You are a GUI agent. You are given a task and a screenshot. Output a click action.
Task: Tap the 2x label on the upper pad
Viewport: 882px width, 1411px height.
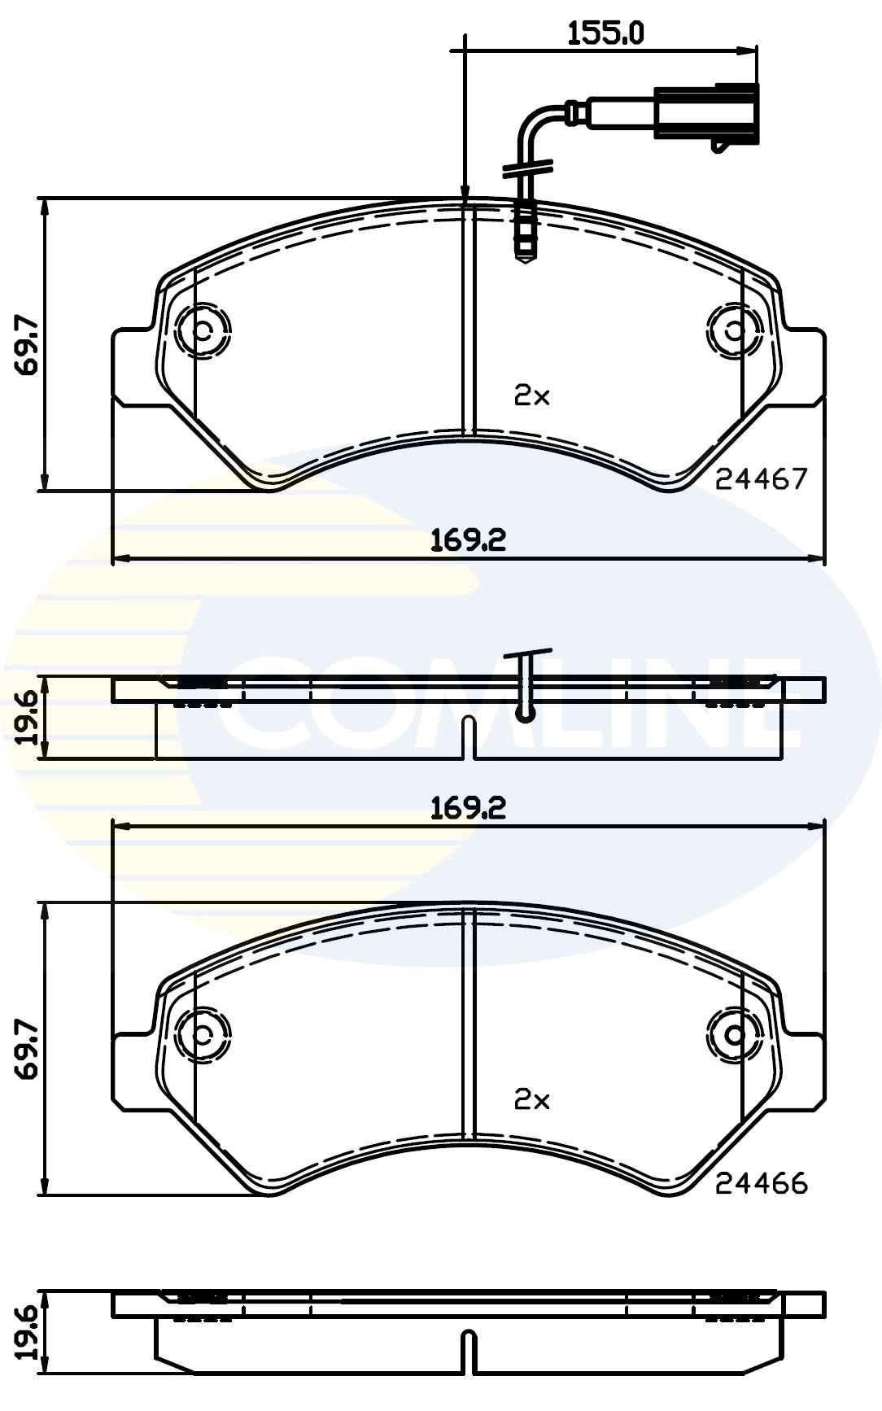532,396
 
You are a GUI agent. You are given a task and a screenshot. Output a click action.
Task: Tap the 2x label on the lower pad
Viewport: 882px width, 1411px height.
532,1100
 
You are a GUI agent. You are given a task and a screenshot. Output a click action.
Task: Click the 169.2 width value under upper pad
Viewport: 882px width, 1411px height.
468,539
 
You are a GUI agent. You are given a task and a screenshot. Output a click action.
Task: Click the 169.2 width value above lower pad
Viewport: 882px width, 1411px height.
468,807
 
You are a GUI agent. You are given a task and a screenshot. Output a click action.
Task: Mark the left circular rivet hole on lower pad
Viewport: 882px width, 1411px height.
202,1035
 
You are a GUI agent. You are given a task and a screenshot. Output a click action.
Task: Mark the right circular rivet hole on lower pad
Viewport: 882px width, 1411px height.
735,1035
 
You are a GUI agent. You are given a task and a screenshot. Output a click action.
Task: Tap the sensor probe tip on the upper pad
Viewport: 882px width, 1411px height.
525,249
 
